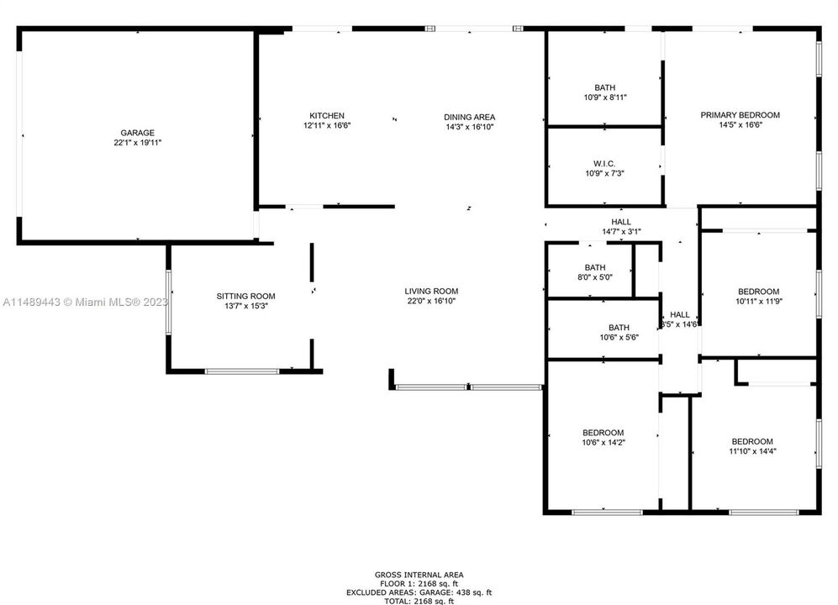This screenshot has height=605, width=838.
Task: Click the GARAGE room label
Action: [137, 133]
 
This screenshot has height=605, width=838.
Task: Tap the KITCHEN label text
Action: [327, 115]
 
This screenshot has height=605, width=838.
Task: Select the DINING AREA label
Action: [469, 117]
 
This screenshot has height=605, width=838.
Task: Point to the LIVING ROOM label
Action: [431, 292]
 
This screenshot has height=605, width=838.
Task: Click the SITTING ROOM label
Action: [245, 296]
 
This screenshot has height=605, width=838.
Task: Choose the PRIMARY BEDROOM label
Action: [740, 115]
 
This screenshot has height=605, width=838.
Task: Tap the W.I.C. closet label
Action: [604, 164]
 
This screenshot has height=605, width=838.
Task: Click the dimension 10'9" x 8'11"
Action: [605, 97]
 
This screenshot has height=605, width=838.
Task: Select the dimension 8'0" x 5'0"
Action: [595, 276]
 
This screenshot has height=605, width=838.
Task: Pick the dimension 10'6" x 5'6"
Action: [619, 337]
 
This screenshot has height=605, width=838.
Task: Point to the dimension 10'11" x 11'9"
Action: [759, 301]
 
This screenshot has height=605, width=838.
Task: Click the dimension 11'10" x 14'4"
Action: [752, 451]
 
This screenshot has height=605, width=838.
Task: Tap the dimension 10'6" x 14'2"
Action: [603, 443]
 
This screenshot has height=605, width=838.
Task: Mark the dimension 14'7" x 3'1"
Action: [621, 231]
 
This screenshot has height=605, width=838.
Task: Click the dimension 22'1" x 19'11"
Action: [137, 143]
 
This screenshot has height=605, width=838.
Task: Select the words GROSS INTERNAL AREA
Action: [419, 575]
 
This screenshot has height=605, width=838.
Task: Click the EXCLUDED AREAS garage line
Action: [419, 592]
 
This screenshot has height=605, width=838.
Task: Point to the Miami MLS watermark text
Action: [86, 302]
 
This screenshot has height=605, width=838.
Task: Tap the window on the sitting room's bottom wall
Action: [242, 371]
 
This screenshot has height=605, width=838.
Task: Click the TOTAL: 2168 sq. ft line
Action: [419, 601]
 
